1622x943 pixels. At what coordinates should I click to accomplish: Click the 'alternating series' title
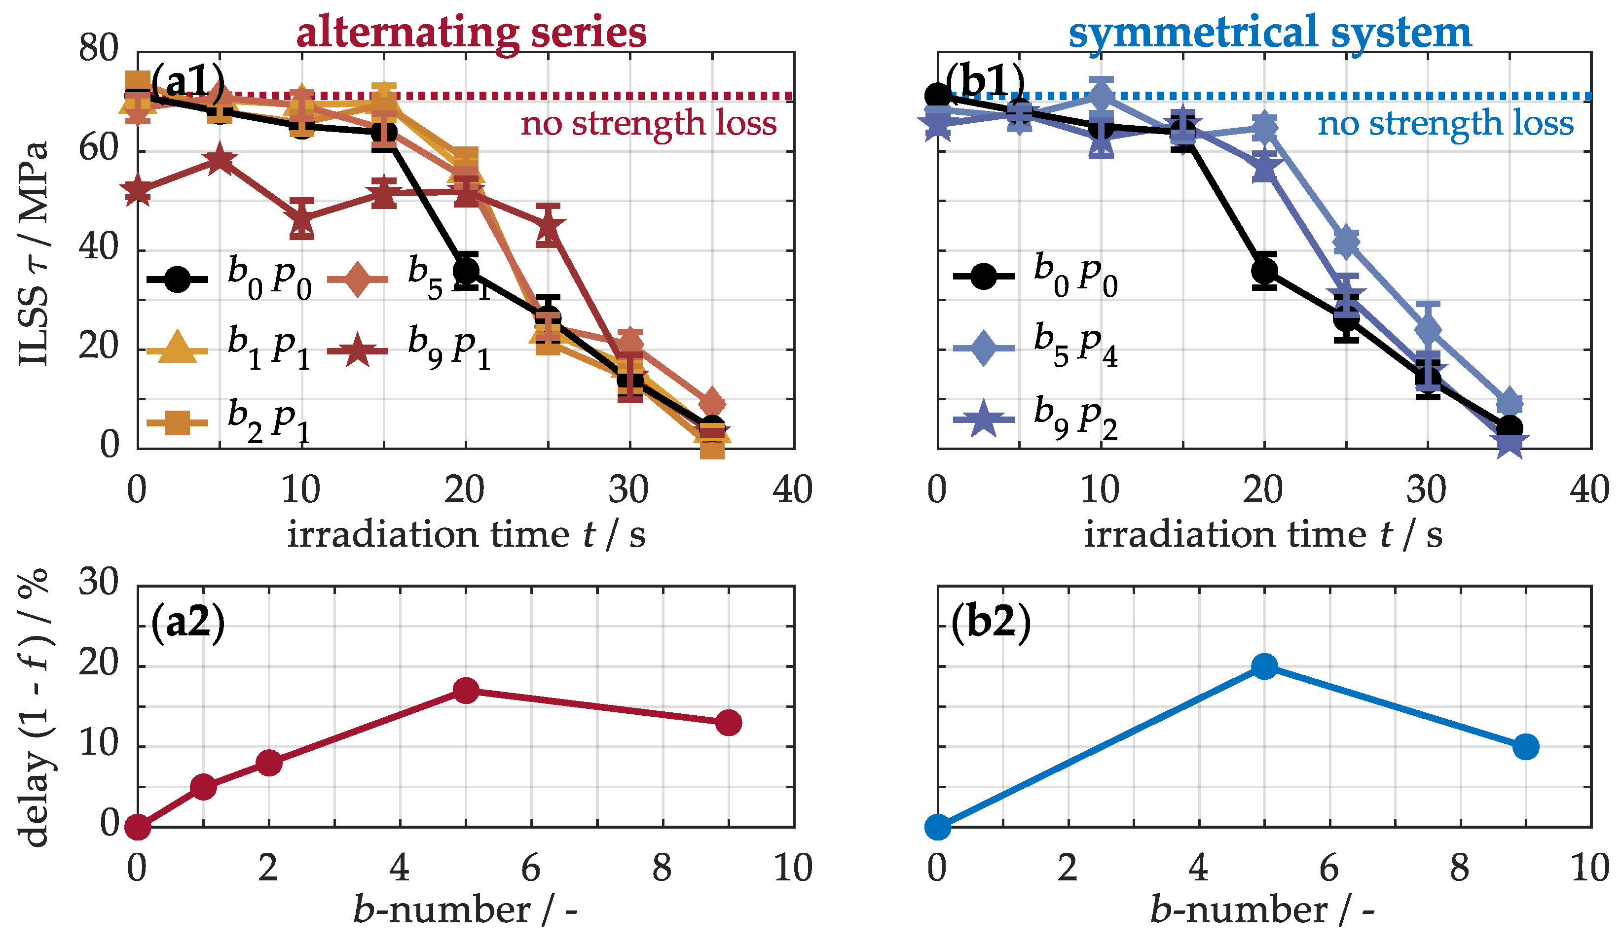coord(471,32)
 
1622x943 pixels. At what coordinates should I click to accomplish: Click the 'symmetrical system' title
coord(1269,32)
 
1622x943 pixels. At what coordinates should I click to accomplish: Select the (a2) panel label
coord(188,622)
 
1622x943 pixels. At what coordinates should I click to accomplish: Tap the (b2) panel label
coord(991,622)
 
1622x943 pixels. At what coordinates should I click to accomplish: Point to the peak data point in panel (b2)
coord(1264,666)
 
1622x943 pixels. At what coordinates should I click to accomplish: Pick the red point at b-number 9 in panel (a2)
coord(729,722)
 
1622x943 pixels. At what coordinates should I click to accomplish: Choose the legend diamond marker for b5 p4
coord(984,348)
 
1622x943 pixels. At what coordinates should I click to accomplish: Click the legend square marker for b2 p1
coord(177,422)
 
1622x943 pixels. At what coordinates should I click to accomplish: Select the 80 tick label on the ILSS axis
coord(99,48)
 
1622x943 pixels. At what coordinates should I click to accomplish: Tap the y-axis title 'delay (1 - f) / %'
coord(36,707)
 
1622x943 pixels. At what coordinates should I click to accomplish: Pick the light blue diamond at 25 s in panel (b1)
coord(1347,241)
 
